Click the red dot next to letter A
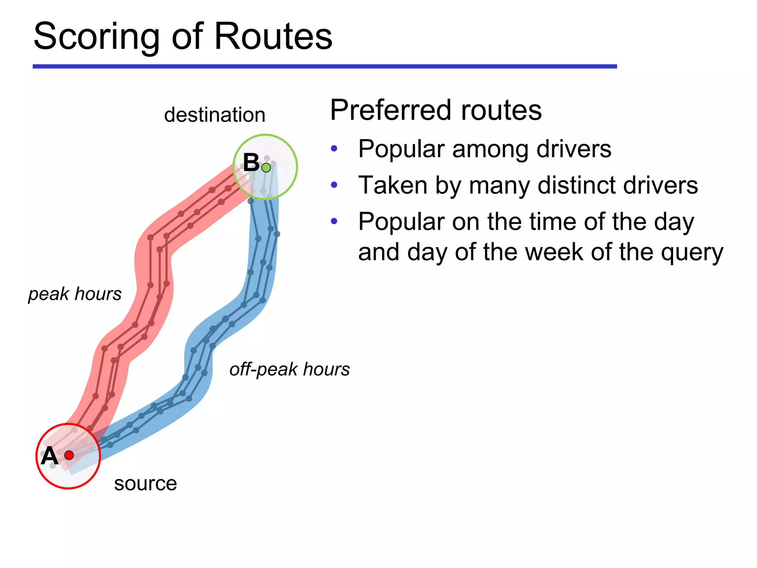pos(69,455)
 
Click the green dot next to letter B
pos(266,168)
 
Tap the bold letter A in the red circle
pos(50,456)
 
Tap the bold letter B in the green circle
pos(251,162)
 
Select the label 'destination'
pos(215,115)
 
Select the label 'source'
pos(145,483)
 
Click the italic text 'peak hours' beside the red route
pos(75,294)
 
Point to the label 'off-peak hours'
pos(289,369)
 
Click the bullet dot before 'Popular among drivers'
pos(334,149)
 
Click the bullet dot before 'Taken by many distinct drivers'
pos(334,185)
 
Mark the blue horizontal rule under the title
pos(325,67)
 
